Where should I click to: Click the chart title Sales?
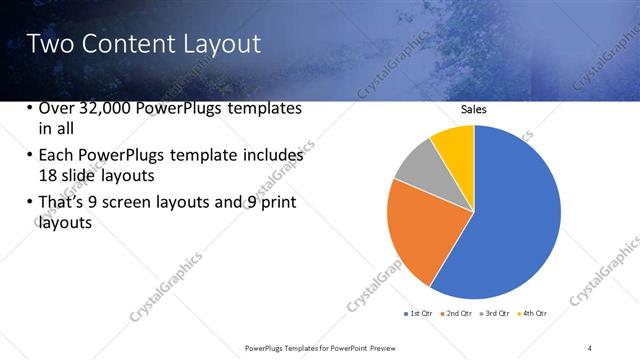point(473,111)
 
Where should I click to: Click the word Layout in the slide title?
point(217,44)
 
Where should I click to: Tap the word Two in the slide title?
point(47,44)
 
